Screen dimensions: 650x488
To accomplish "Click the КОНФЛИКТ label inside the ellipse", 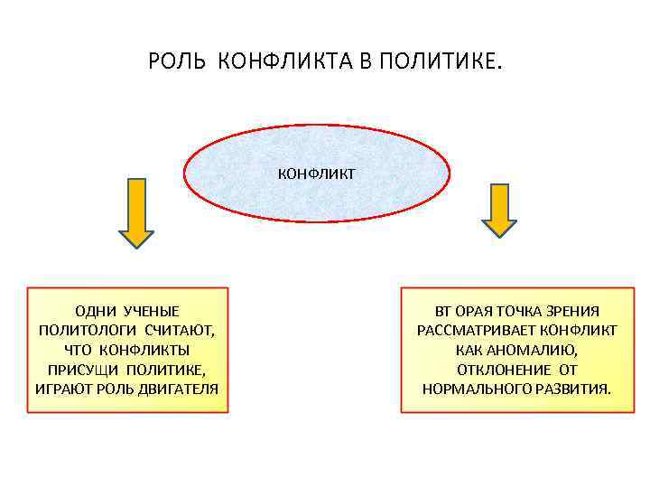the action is pyautogui.click(x=316, y=172).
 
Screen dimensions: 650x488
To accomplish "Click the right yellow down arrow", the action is pyautogui.click(x=498, y=210).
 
